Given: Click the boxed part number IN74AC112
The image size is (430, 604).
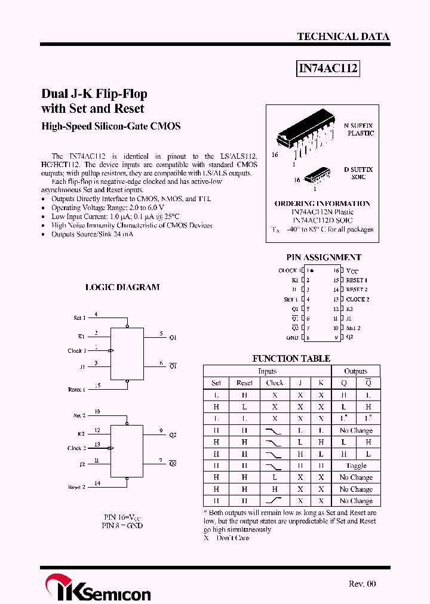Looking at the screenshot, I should [328, 69].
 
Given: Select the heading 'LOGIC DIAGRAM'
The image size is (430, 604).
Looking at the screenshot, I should [122, 287].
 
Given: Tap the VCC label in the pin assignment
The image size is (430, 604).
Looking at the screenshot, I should [352, 270].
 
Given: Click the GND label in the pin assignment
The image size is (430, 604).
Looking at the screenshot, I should [292, 338].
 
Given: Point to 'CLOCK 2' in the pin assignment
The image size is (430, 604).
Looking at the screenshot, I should [358, 299].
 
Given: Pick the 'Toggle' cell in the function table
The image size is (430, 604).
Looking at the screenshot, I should [356, 466].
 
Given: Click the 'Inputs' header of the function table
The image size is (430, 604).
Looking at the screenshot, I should [267, 371].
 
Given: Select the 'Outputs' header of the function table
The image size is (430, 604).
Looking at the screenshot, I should [356, 371].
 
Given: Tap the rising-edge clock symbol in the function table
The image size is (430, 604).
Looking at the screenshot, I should [274, 501].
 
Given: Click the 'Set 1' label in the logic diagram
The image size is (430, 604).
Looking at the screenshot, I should [79, 318].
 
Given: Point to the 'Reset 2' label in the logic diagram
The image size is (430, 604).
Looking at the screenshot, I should [77, 487].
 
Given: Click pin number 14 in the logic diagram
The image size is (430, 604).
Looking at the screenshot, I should [97, 483].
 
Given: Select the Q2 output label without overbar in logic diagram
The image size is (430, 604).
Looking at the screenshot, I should [173, 435].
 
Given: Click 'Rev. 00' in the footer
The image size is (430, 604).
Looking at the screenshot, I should [362, 584].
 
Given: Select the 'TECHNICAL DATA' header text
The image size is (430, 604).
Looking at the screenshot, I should [343, 36].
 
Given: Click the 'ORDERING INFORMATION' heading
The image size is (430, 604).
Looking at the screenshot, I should [322, 204].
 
